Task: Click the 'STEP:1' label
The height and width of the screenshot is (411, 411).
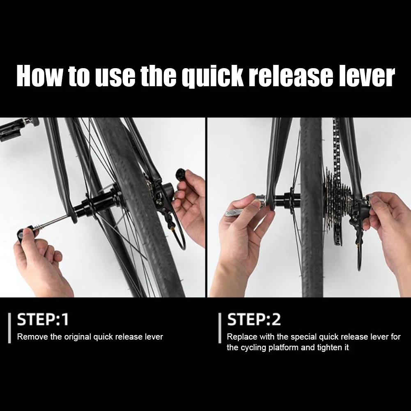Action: click(43, 320)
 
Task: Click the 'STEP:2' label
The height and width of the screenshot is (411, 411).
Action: click(254, 320)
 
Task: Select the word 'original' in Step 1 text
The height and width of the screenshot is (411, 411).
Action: click(77, 337)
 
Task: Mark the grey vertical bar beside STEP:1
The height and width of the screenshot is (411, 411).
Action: click(9, 328)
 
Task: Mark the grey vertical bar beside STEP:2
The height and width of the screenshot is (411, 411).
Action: click(220, 328)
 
